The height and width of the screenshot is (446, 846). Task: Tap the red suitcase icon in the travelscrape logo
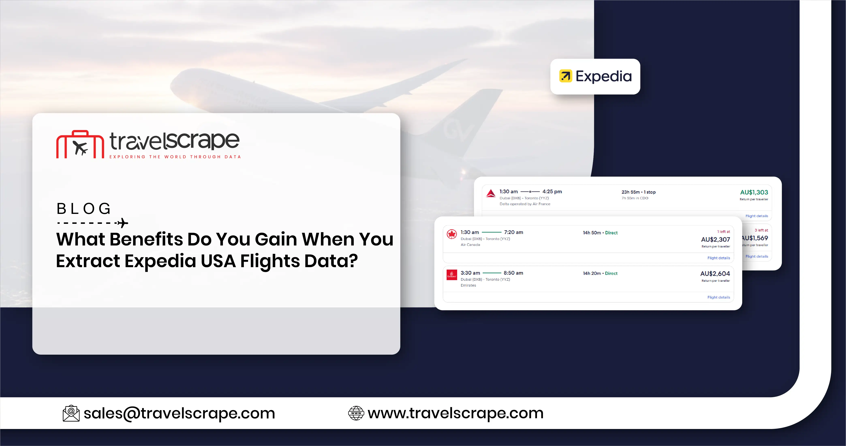click(80, 145)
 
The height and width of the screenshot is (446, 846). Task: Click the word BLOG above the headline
click(84, 209)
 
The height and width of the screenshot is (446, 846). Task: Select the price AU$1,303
click(754, 192)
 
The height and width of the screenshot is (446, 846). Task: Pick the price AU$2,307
click(715, 240)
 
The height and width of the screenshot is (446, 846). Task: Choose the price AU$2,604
click(715, 274)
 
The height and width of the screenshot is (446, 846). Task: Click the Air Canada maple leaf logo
click(452, 234)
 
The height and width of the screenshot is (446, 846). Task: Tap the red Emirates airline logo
click(452, 275)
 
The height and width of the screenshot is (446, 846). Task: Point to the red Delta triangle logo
click(491, 193)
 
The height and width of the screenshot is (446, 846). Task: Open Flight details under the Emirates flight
click(719, 297)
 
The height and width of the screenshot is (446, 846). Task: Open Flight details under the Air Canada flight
click(719, 258)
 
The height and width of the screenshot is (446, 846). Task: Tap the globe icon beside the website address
click(356, 413)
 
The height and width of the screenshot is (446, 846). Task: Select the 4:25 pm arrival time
click(552, 192)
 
